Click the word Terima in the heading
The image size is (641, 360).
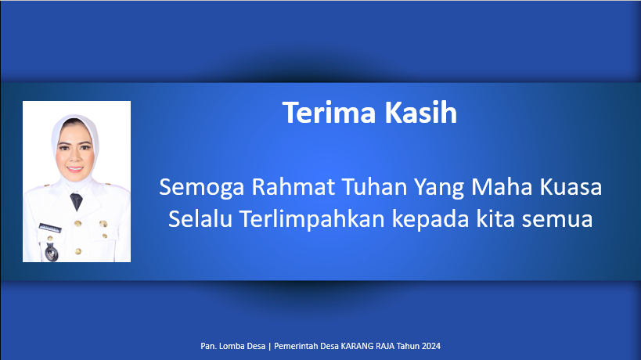click(x=329, y=113)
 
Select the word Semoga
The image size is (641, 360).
click(x=202, y=188)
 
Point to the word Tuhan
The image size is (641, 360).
click(x=374, y=187)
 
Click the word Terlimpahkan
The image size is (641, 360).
click(x=312, y=219)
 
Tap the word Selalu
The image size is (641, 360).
click(x=200, y=218)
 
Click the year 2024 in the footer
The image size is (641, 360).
click(x=431, y=346)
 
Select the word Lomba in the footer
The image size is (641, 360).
click(x=231, y=346)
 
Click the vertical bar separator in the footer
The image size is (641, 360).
click(x=270, y=347)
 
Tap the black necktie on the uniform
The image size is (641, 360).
click(x=77, y=201)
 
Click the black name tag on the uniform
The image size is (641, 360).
click(x=50, y=228)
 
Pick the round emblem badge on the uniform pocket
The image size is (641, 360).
click(x=51, y=253)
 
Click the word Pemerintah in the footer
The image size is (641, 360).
click(x=296, y=346)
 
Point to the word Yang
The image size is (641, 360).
click(x=439, y=188)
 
